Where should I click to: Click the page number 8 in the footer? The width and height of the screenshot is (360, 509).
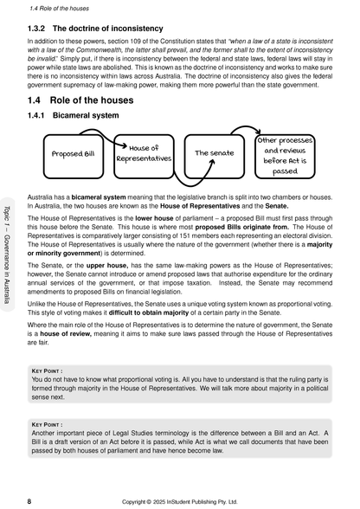(30, 500)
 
